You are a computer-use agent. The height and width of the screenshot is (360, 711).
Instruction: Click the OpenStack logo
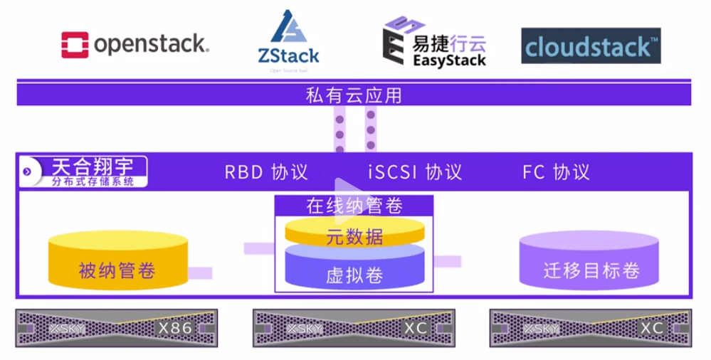click(135, 44)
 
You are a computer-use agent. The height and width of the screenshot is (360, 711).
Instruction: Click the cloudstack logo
click(591, 46)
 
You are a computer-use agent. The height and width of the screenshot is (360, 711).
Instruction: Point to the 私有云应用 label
click(354, 95)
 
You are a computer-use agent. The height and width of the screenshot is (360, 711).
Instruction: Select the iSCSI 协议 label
click(415, 172)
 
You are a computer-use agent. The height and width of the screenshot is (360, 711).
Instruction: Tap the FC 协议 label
click(556, 172)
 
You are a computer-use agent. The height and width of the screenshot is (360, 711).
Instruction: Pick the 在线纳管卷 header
click(354, 206)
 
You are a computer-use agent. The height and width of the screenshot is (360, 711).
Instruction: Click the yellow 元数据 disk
click(354, 235)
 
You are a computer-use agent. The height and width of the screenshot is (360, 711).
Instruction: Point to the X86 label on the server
click(174, 328)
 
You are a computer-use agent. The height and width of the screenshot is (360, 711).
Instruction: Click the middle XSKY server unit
click(354, 329)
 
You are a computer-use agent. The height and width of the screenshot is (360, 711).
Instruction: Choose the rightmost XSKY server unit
click(590, 329)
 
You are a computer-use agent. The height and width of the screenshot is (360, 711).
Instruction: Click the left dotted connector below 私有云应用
click(339, 129)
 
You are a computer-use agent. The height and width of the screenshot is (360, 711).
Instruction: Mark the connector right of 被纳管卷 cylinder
click(200, 272)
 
